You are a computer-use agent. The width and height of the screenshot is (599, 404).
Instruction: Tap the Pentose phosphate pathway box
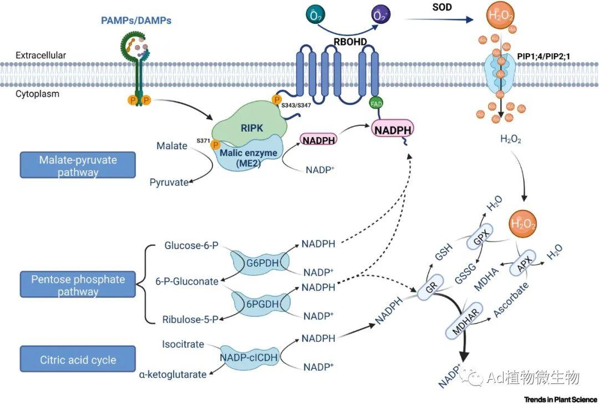coord(77,285)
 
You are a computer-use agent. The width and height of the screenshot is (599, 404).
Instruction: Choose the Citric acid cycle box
coord(78,360)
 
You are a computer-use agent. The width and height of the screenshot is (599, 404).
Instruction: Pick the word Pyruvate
coord(169,182)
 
